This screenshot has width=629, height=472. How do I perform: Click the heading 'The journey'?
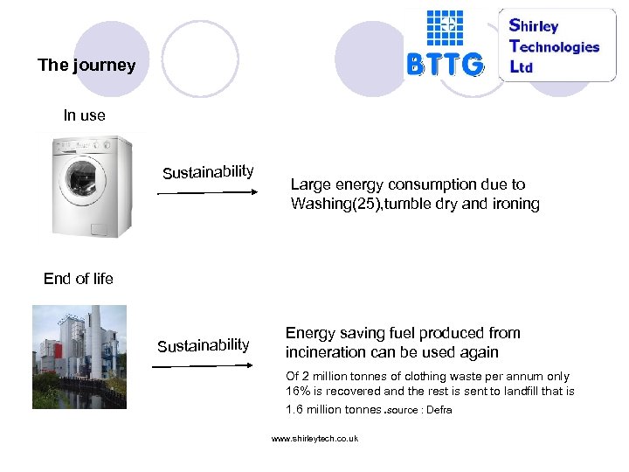(x=86, y=66)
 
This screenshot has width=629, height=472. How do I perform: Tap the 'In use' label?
(x=85, y=115)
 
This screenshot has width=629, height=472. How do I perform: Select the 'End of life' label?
(x=79, y=279)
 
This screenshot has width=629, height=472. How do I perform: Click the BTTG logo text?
(x=445, y=64)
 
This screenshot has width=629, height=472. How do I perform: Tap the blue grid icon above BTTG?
(x=445, y=27)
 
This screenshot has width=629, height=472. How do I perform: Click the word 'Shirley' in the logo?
(x=534, y=25)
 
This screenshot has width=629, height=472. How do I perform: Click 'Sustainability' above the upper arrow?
(x=208, y=170)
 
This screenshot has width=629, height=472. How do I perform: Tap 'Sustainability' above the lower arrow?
(x=203, y=344)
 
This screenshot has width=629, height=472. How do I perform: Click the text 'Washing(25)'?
(x=333, y=204)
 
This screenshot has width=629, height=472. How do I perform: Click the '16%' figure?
(x=301, y=392)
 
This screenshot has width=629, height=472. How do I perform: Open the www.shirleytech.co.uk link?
(x=314, y=438)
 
